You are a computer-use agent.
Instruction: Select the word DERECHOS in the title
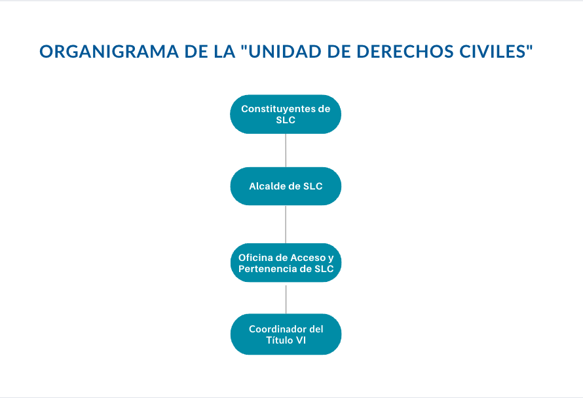(x=405, y=52)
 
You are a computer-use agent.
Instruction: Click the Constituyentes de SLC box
(x=286, y=114)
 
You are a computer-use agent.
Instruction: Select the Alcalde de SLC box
(x=286, y=186)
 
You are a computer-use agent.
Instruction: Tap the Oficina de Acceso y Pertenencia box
(x=286, y=263)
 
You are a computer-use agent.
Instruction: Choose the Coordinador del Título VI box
(x=286, y=334)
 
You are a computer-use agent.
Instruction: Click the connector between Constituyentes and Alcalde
(x=286, y=150)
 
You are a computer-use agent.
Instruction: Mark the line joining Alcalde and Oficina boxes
(x=286, y=224)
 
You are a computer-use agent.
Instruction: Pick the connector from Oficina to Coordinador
(x=286, y=299)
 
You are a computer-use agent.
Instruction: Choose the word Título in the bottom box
(x=279, y=340)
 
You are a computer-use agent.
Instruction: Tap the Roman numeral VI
(x=301, y=340)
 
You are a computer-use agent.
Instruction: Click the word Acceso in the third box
(x=308, y=258)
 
